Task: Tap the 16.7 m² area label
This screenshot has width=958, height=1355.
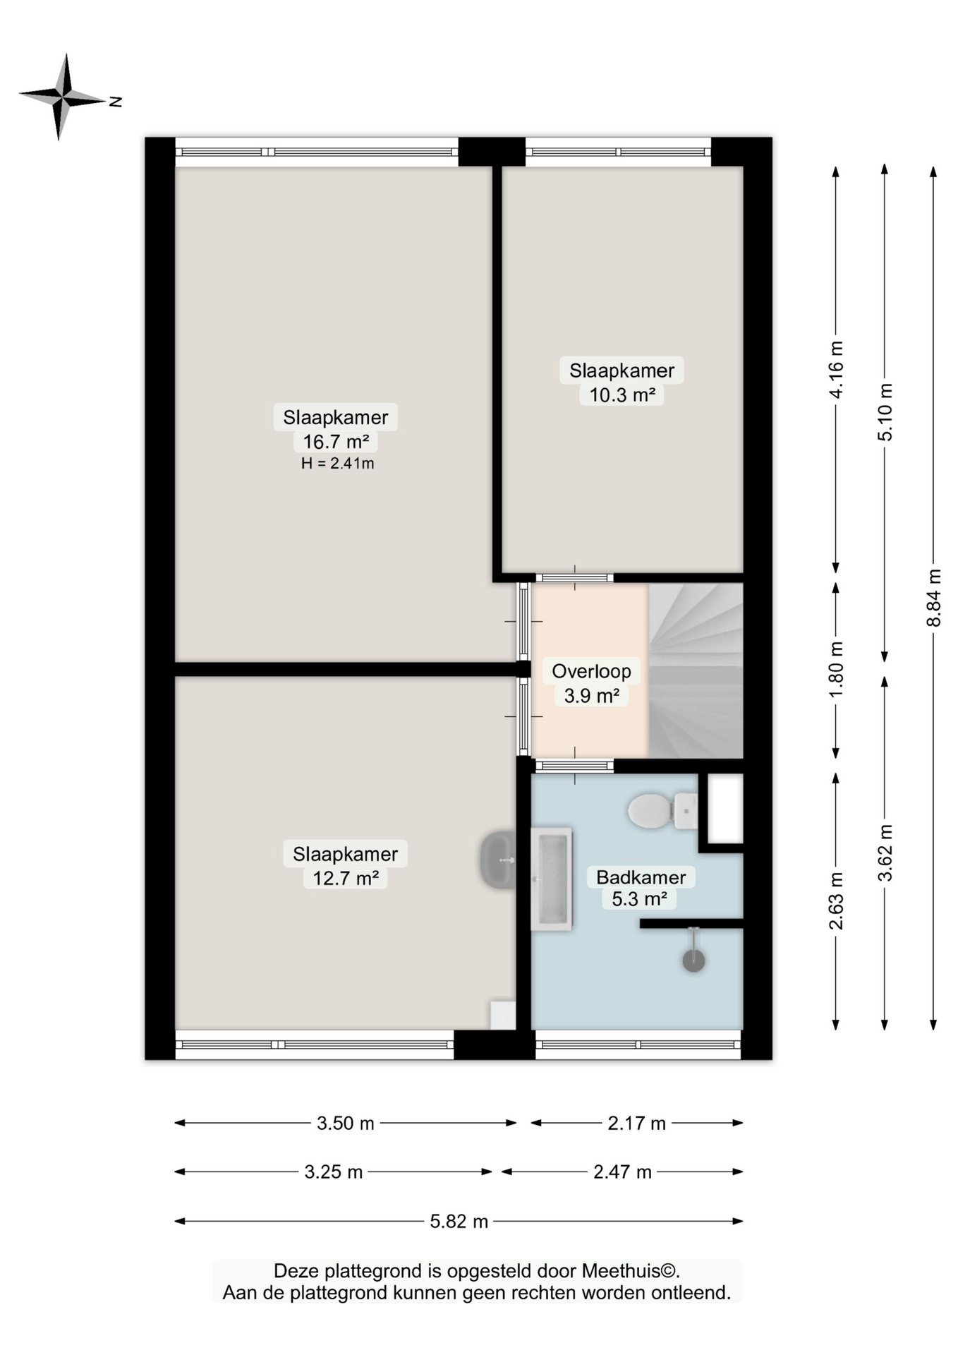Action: coord(336,442)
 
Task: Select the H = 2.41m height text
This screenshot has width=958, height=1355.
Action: coord(337,464)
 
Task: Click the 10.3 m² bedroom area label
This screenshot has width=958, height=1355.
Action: coord(622,395)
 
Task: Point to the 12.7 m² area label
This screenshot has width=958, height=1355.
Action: coord(345,878)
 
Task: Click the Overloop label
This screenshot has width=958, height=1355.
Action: coord(591,671)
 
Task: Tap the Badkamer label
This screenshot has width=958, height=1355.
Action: coord(641,877)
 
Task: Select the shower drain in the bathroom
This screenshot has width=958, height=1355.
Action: coord(693,960)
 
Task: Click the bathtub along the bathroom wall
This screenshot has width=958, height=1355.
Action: coord(552,879)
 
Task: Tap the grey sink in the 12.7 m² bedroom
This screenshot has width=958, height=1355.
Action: coord(498,860)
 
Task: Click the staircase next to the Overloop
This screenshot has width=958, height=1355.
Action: coord(695,670)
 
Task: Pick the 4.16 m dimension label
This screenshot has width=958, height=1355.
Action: coord(836,370)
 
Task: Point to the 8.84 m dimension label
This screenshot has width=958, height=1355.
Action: coord(933,597)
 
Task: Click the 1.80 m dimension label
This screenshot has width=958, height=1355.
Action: coord(836,670)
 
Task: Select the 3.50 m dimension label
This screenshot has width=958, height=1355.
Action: coord(345,1123)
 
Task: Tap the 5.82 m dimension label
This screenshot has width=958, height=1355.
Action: coord(459,1221)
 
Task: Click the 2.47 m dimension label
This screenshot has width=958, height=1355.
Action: coord(622,1172)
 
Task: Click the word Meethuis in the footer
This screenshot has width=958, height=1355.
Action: coord(622,1271)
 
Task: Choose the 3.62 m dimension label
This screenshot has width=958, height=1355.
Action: coord(885,852)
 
